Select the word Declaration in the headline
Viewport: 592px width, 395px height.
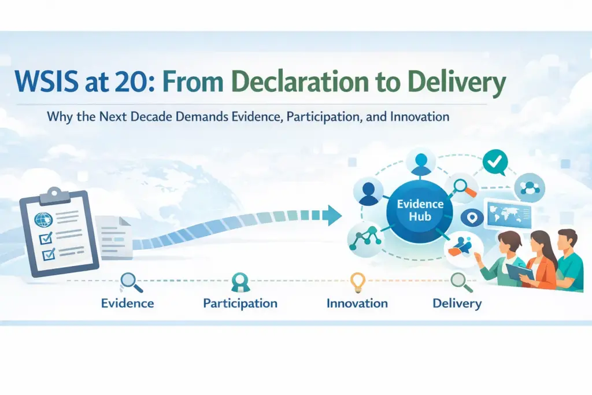[300, 82]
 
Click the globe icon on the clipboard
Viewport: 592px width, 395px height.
[43, 220]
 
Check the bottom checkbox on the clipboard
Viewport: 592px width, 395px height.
[49, 254]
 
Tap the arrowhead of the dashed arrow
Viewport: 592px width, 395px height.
[334, 215]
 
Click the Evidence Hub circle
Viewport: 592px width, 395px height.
[420, 211]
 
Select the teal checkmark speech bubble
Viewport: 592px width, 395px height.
[495, 162]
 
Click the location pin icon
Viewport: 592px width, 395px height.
[472, 218]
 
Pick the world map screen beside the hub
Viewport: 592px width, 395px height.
[509, 215]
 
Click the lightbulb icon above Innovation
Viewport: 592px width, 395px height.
[357, 282]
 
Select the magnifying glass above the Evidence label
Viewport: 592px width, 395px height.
[131, 283]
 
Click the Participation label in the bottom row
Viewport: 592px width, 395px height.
[240, 303]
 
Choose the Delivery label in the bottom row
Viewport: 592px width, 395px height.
[457, 303]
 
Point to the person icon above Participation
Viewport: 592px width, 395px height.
[240, 282]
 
